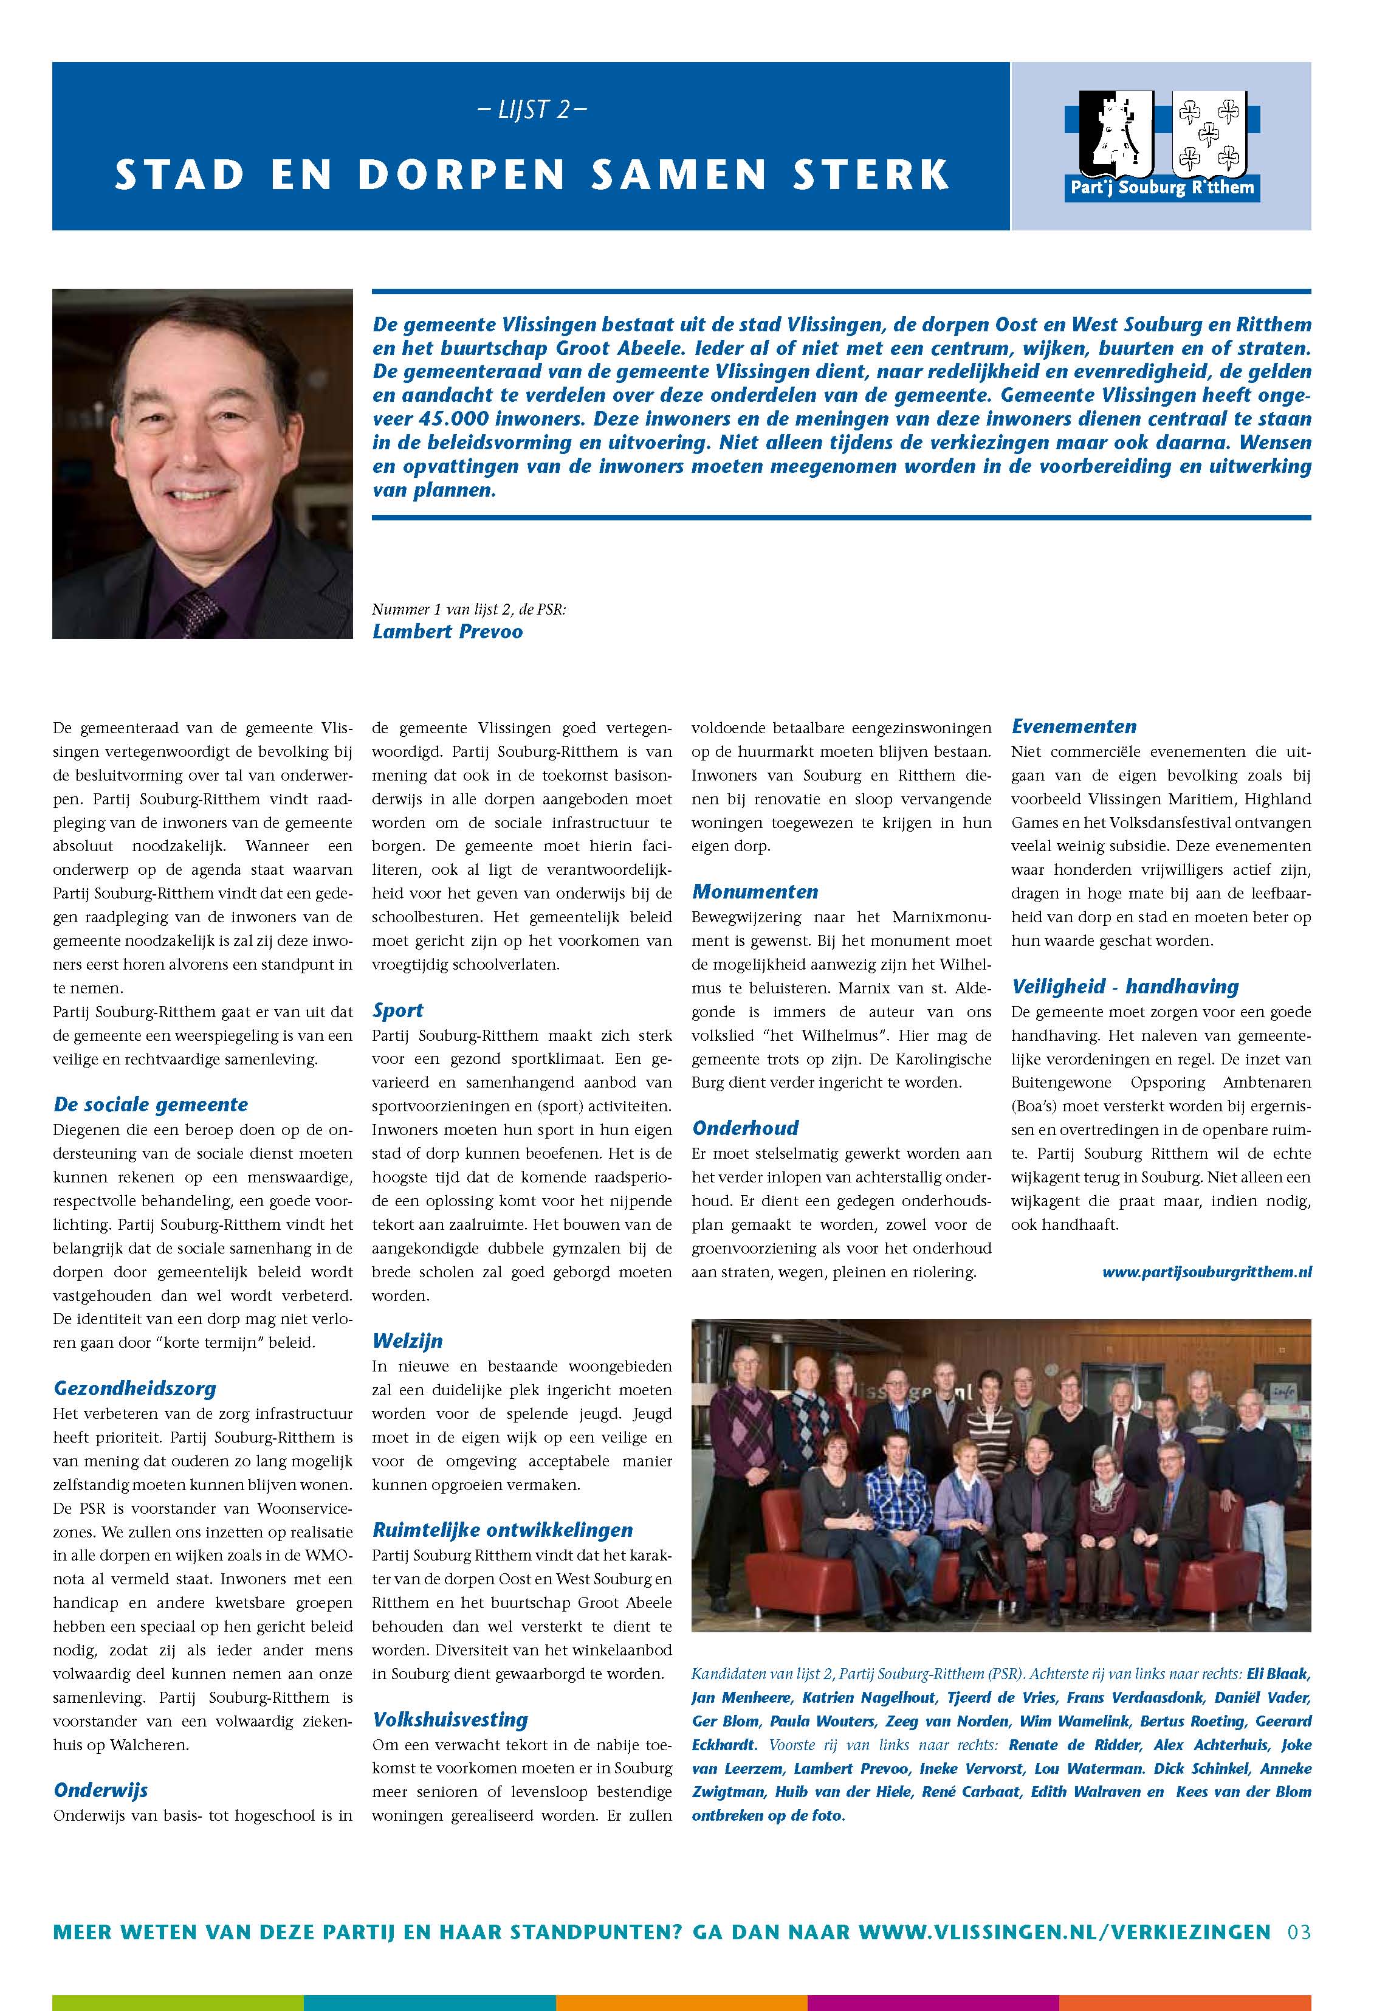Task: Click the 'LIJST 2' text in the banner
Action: [x=532, y=111]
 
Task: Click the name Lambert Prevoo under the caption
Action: [x=447, y=632]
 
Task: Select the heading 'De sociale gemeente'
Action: [x=151, y=1105]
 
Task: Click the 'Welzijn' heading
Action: [x=407, y=1341]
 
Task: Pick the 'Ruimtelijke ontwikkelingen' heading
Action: [x=503, y=1530]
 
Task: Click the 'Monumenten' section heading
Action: [x=755, y=892]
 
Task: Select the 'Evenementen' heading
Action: [x=1073, y=726]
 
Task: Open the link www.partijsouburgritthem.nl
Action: [x=1206, y=1272]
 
